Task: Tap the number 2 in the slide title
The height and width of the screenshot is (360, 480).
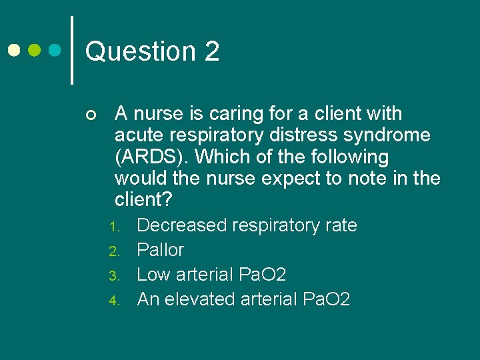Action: click(x=212, y=51)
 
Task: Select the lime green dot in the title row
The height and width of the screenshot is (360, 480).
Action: click(x=35, y=50)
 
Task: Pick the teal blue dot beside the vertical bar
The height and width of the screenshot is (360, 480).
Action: click(x=56, y=50)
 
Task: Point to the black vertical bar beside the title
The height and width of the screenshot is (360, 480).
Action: click(x=71, y=50)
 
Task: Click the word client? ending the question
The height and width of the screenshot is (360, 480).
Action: click(x=143, y=200)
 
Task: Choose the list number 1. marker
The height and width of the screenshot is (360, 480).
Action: click(x=113, y=227)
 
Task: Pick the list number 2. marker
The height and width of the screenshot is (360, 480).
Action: click(x=113, y=251)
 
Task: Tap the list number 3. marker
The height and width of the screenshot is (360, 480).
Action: click(x=113, y=275)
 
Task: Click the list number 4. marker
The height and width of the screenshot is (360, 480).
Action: click(x=113, y=300)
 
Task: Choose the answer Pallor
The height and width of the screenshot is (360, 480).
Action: click(x=160, y=250)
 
